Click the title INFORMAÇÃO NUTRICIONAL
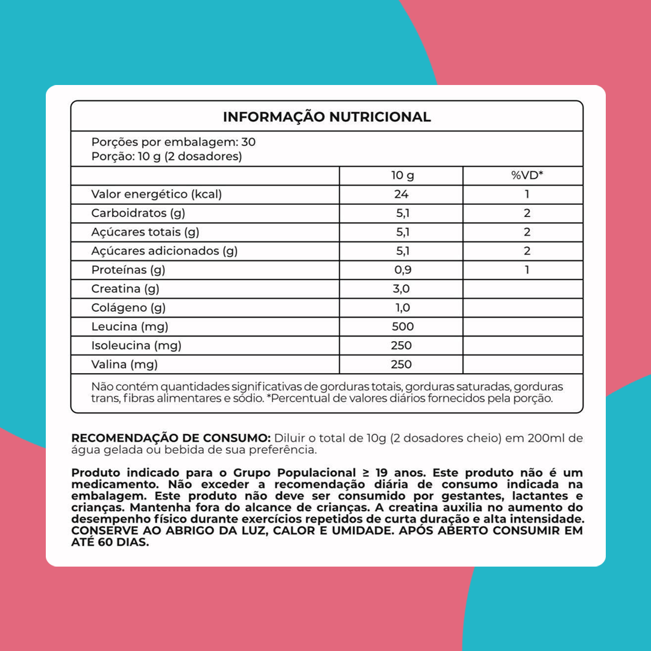[x=327, y=117]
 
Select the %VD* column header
[x=527, y=175]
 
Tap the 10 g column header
[x=402, y=175]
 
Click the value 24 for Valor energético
[x=402, y=194]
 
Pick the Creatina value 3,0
[x=402, y=289]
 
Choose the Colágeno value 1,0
[x=402, y=307]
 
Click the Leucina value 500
[x=402, y=327]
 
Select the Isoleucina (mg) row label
[x=136, y=345]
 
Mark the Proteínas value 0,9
[x=402, y=269]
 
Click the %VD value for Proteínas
[x=527, y=269]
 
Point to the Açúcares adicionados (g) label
[x=164, y=251]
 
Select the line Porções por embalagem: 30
[x=174, y=142]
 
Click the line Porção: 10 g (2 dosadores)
[x=166, y=157]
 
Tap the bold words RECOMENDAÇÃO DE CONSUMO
[x=171, y=438]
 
